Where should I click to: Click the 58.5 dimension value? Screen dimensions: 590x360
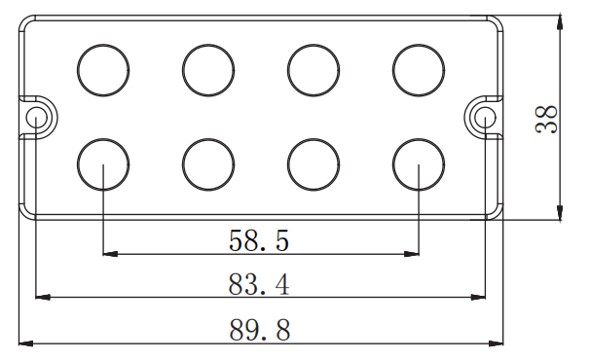point(259,240)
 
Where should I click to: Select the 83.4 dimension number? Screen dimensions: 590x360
point(259,284)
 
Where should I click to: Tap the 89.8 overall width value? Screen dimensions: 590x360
point(260,330)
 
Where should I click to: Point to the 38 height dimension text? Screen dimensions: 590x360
point(546,119)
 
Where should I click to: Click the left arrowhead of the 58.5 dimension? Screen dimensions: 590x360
point(110,254)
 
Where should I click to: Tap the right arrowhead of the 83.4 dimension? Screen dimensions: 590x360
point(478,297)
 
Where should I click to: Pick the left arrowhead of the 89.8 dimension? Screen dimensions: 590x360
point(26,343)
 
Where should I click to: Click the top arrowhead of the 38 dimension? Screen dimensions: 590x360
point(560,22)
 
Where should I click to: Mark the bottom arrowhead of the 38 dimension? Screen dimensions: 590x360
point(560,213)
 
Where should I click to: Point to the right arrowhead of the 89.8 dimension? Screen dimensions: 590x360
point(496,343)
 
